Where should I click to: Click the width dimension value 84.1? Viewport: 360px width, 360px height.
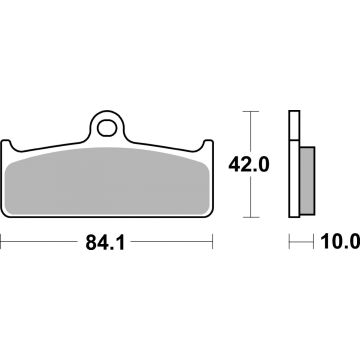coord(108,241)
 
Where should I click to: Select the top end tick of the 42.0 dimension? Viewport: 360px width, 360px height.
coord(250,110)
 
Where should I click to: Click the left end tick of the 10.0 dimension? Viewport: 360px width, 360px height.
coord(290,241)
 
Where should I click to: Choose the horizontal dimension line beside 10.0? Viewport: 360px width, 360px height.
coord(303,241)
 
